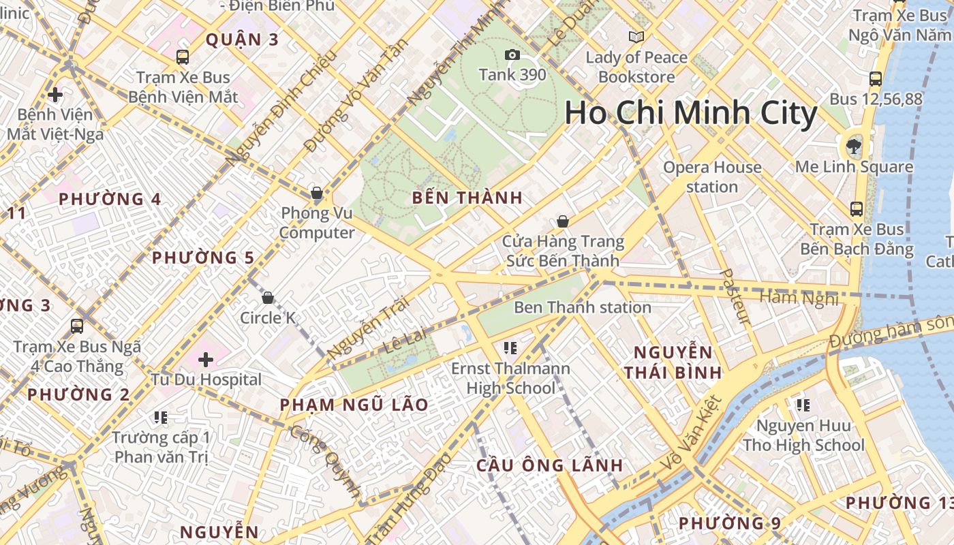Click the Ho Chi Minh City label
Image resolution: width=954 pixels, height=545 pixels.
(690, 113)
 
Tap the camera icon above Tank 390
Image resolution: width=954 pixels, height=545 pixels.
(512, 54)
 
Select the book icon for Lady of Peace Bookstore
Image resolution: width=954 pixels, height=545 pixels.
(636, 37)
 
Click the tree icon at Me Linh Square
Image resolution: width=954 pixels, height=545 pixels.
(853, 144)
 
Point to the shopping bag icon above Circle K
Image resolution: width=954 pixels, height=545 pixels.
(268, 298)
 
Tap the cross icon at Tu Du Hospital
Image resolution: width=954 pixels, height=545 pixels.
(206, 359)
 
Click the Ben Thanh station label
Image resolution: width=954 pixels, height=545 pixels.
(583, 307)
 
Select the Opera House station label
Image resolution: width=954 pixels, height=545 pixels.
(712, 176)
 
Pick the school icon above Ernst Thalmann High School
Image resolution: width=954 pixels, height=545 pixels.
(510, 349)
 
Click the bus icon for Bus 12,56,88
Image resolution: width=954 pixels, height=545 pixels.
(876, 79)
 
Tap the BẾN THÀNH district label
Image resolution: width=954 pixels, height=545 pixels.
(467, 198)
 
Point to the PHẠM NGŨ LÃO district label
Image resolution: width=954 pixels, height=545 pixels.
(354, 405)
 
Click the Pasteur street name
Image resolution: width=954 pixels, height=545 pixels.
(735, 296)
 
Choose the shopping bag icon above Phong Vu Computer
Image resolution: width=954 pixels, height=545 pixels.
(317, 193)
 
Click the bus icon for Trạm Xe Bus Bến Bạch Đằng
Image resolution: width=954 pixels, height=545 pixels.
(857, 209)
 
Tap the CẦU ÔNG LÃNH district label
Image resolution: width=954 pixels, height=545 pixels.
(549, 466)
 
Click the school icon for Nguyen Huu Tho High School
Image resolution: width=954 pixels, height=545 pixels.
(803, 406)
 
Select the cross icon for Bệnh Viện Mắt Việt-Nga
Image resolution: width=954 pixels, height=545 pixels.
(55, 94)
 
